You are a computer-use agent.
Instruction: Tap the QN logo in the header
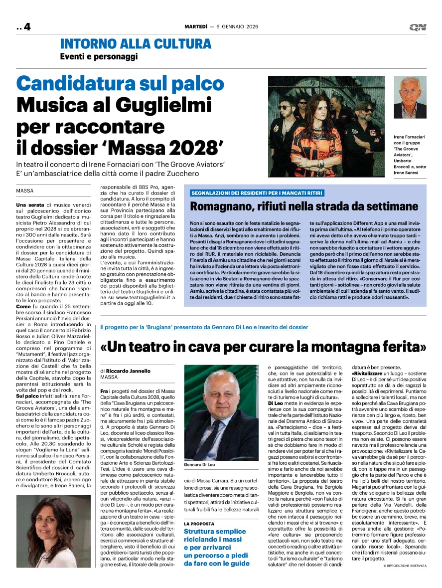[x=417, y=27]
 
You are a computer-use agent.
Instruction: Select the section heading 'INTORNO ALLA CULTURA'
[x=136, y=44]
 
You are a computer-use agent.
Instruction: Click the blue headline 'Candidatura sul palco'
[x=120, y=83]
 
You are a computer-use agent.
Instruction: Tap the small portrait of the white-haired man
[x=410, y=97]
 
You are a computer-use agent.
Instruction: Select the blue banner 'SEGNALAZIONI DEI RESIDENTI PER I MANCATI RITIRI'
[x=257, y=193]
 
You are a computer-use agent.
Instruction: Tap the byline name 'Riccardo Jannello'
[x=128, y=371]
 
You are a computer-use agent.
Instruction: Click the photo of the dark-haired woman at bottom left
[x=53, y=531]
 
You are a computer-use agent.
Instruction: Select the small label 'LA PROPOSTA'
[x=199, y=524]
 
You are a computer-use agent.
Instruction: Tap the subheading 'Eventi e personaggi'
[x=99, y=57]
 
